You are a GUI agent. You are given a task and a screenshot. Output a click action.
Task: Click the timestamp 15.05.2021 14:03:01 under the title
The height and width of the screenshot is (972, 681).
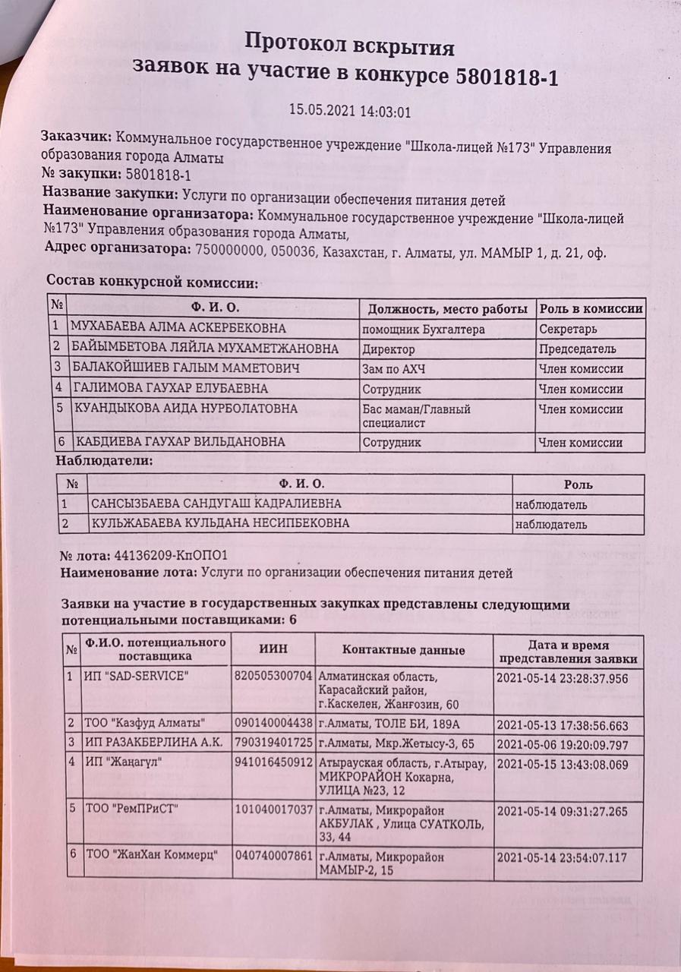pos(350,110)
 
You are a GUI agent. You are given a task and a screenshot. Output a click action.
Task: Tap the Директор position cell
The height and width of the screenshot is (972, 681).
pos(389,349)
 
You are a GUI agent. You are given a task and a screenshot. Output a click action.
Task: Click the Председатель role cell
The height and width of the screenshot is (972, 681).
pos(578,349)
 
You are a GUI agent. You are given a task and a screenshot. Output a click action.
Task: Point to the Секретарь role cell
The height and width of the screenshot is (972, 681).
pos(568,330)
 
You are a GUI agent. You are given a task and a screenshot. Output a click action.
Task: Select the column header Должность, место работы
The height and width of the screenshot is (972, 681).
pos(448,309)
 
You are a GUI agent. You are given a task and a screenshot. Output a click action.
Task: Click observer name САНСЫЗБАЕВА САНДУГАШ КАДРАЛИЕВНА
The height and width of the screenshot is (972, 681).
pos(216,503)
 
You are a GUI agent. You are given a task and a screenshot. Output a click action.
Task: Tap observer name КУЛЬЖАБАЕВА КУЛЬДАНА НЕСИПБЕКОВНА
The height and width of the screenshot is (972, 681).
pos(220,523)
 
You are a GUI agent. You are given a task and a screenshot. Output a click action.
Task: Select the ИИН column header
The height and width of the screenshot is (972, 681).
pos(273,649)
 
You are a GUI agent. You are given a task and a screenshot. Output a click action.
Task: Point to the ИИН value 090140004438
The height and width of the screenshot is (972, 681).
pos(274,722)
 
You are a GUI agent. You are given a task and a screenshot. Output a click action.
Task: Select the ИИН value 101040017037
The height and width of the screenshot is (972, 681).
pos(274,811)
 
